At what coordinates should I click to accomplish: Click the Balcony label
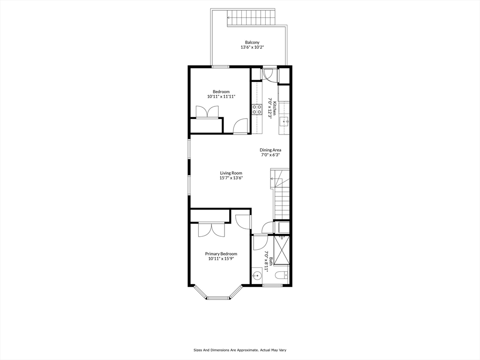[252, 42]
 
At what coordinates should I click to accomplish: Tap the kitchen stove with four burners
[257, 109]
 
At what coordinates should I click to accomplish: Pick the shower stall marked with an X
[281, 251]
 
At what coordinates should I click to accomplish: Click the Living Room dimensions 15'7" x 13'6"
[231, 178]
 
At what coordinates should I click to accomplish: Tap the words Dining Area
[270, 150]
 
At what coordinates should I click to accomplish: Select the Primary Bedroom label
[221, 254]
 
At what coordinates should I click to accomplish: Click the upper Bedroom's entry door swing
[240, 127]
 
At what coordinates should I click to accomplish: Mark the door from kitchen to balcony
[269, 74]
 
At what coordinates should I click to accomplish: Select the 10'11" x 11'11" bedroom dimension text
[221, 97]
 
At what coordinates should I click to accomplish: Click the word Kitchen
[275, 108]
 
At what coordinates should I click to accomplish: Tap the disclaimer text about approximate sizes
[240, 350]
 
